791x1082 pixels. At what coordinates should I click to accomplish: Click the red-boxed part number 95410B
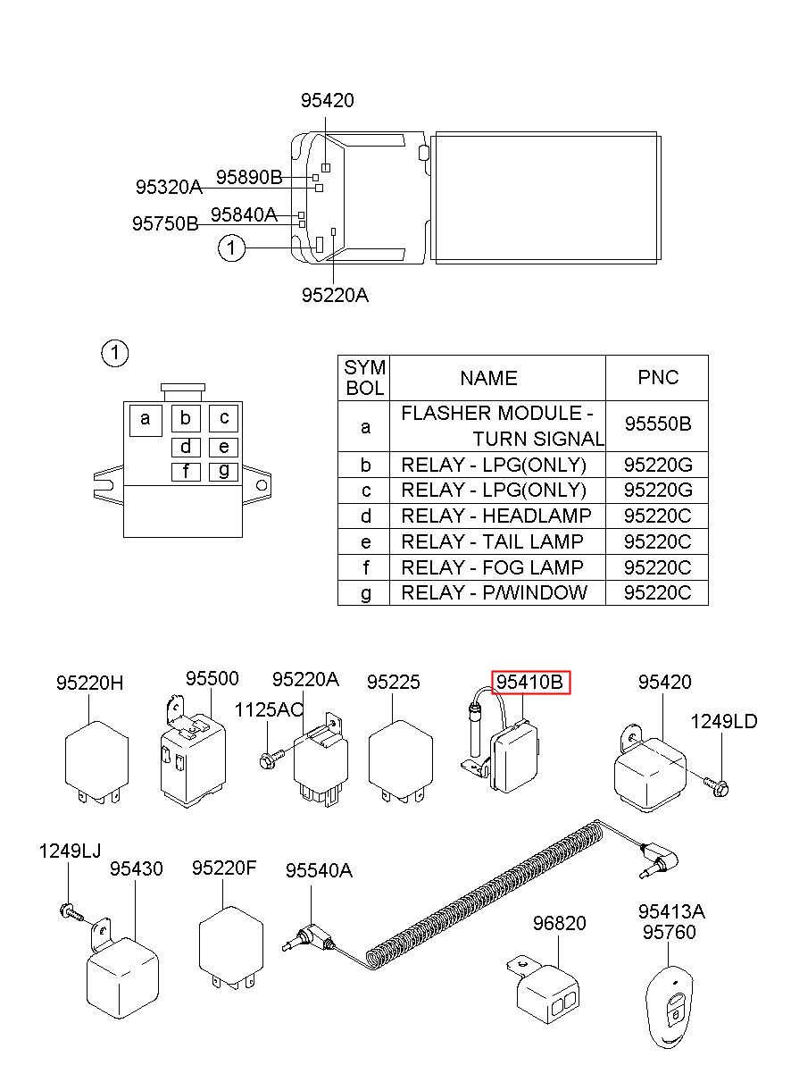[529, 682]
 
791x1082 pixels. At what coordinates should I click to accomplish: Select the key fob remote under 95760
[670, 1002]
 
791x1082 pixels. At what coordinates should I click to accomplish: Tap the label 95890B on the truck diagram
[249, 177]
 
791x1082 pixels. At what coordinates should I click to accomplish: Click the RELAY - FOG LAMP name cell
[497, 567]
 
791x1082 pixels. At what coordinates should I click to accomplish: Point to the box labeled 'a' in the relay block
[146, 420]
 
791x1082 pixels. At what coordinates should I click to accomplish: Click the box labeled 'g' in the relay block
[223, 472]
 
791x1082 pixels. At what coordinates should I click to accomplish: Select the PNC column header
[657, 377]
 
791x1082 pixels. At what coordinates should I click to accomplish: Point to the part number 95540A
[319, 870]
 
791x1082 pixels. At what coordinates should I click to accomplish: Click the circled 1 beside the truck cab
[231, 247]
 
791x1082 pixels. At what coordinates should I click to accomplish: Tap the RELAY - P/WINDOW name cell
[497, 592]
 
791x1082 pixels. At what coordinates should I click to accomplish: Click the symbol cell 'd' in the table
[365, 516]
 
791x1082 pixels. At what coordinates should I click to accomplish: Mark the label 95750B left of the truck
[165, 223]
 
